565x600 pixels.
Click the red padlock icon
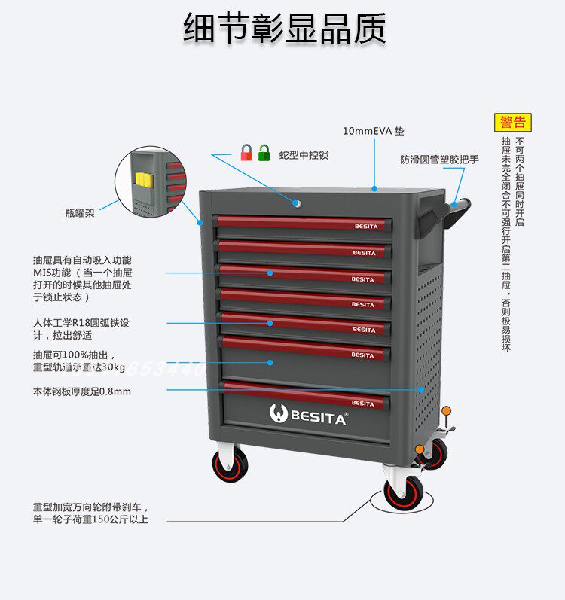(x=246, y=153)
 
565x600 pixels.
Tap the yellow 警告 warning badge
(x=513, y=122)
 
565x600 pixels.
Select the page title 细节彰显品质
(x=285, y=28)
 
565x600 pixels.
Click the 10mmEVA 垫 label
(x=373, y=130)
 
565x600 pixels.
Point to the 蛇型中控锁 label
(x=304, y=155)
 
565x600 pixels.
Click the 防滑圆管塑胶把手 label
(x=439, y=160)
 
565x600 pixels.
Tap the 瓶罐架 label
(x=80, y=213)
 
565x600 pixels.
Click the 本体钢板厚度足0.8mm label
(x=82, y=391)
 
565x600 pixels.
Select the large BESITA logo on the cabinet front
(x=308, y=414)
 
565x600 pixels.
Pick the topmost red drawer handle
(x=301, y=223)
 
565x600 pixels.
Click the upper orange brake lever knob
(x=447, y=411)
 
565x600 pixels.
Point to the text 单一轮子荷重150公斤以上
(x=90, y=519)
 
